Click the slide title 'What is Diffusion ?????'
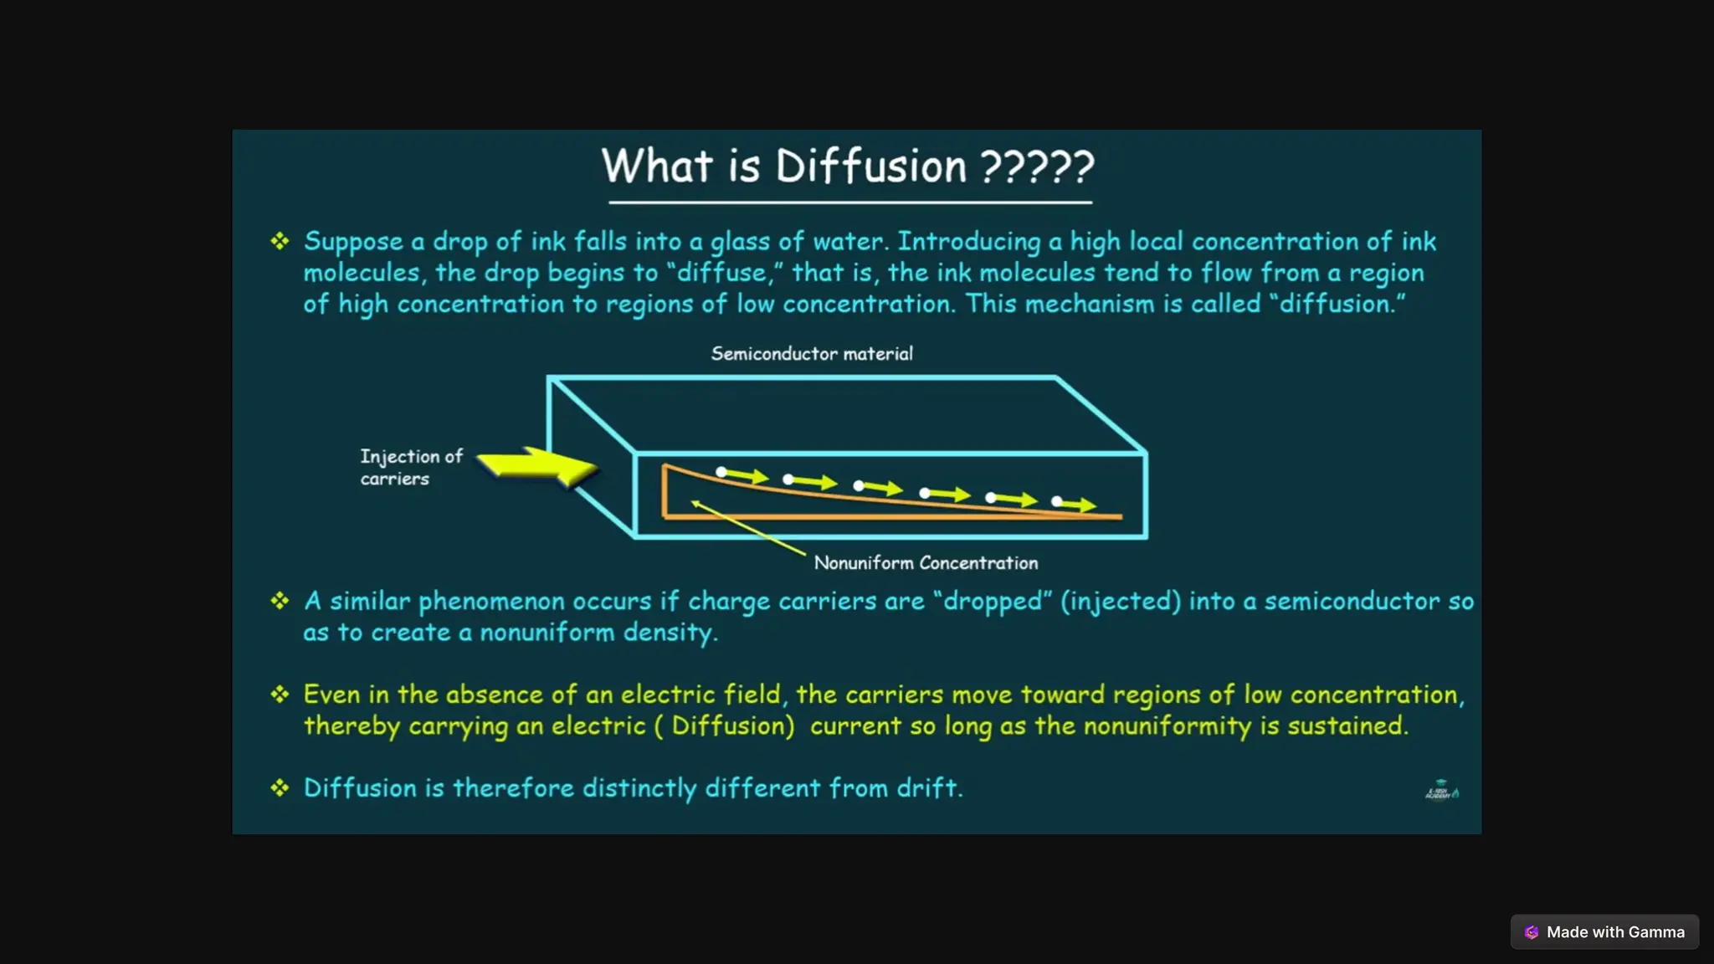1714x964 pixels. pos(848,166)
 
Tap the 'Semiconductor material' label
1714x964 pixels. pos(812,354)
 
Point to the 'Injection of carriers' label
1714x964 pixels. pos(410,467)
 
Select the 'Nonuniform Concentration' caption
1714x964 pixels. pos(926,563)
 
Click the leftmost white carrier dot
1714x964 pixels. pos(721,472)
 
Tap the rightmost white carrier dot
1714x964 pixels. pos(1057,501)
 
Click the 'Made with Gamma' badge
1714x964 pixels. pos(1604,932)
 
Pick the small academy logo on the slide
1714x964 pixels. pos(1441,790)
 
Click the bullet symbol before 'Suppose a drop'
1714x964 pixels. pos(280,242)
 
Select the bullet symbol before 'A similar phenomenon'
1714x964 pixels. pos(280,601)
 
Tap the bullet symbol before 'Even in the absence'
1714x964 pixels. pos(280,695)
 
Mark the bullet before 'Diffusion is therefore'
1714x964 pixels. pos(280,788)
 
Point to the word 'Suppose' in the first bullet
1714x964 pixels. pos(353,242)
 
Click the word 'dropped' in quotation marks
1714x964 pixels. pos(993,601)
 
